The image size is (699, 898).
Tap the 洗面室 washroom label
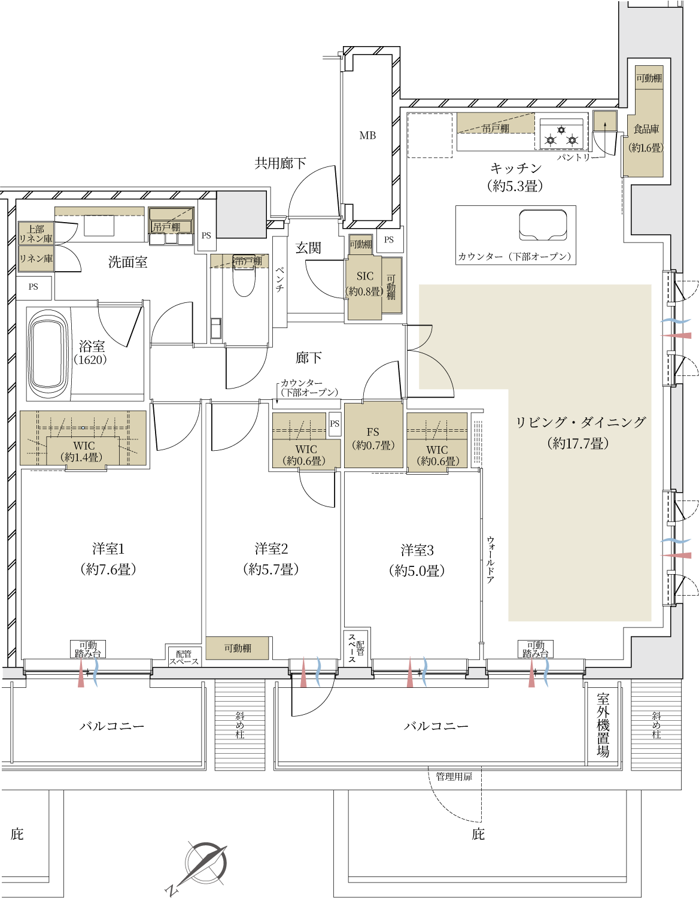[127, 262]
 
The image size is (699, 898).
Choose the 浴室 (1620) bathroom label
[92, 352]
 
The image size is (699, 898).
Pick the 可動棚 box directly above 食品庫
[649, 78]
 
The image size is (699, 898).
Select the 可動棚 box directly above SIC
[360, 244]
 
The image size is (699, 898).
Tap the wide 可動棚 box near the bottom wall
[237, 648]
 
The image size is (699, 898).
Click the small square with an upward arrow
[605, 122]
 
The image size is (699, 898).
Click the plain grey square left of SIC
[241, 215]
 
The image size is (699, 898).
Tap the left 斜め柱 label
[239, 724]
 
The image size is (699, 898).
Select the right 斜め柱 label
[657, 724]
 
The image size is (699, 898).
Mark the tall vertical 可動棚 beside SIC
[391, 287]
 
